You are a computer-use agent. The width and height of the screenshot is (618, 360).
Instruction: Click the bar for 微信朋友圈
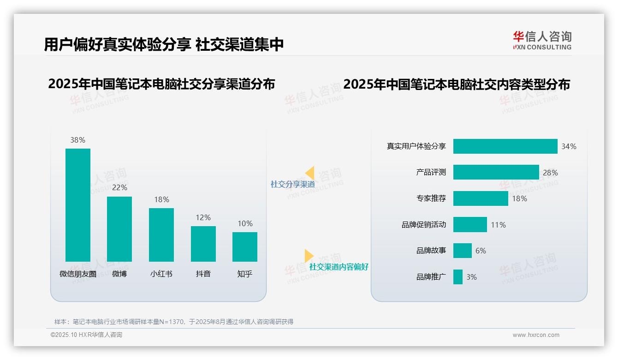78,205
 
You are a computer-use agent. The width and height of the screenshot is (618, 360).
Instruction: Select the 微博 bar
119,229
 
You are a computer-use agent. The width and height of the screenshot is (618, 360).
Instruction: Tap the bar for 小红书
161,234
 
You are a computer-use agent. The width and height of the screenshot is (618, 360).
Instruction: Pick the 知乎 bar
245,246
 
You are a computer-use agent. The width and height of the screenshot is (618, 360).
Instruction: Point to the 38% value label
78,140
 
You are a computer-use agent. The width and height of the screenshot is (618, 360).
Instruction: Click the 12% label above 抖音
203,217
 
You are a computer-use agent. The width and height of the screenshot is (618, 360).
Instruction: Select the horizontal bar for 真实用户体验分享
505,146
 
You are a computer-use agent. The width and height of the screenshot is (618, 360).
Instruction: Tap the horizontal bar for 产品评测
496,172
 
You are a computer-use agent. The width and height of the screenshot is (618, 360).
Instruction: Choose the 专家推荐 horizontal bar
481,198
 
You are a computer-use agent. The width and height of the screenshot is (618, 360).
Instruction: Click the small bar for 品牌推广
458,277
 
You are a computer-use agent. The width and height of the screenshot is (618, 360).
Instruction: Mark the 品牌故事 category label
431,251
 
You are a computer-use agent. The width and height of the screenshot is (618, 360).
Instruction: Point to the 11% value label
498,225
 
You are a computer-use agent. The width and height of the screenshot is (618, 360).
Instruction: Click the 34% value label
569,146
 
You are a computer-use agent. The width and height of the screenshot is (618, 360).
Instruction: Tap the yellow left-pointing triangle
309,173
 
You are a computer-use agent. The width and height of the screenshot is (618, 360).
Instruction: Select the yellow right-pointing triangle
309,256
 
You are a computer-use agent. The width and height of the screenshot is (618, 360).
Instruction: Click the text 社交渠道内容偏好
339,267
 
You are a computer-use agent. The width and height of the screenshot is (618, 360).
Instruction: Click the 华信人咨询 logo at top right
542,40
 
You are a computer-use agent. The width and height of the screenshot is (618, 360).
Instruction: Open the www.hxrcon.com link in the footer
536,335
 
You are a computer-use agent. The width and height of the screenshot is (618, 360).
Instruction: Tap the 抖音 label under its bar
203,274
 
